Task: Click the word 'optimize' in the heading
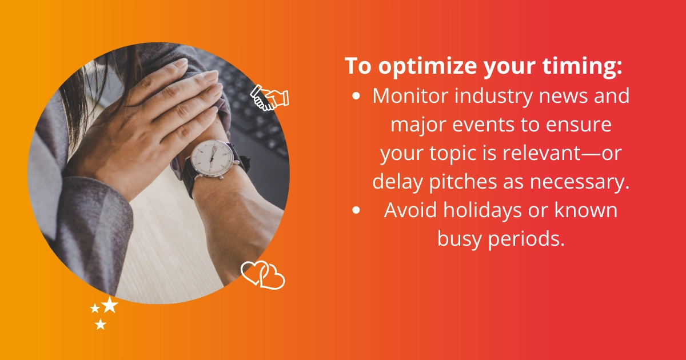[x=428, y=66]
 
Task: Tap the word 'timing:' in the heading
[x=583, y=66]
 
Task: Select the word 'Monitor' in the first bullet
[x=411, y=96]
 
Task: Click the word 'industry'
[x=494, y=97]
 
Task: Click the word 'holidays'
[x=483, y=211]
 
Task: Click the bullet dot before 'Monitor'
[x=356, y=96]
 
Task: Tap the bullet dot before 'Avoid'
[x=356, y=210]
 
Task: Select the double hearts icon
[x=263, y=275]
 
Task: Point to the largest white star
[x=110, y=305]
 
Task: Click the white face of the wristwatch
[x=212, y=159]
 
